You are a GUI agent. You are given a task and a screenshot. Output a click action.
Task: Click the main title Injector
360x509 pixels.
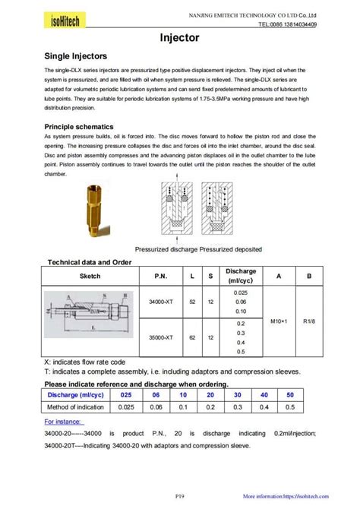pos(179,36)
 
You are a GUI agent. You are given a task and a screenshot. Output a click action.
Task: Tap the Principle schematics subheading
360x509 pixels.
pos(79,126)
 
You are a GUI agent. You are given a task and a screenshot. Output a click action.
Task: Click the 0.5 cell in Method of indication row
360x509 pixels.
pos(289,408)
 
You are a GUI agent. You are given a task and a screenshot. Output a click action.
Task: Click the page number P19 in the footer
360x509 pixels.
pos(179,496)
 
